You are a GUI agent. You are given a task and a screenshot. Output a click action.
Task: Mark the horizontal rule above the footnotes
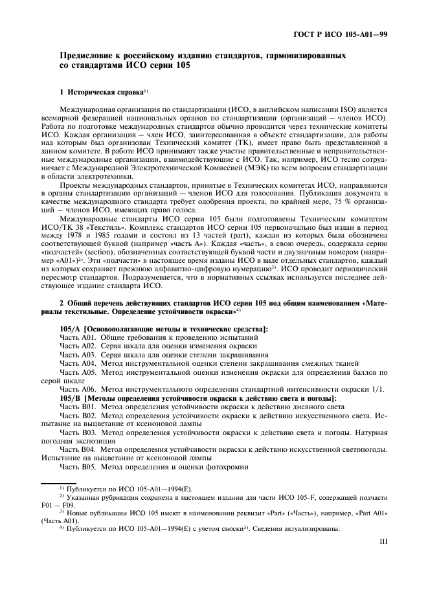(x=65, y=482)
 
